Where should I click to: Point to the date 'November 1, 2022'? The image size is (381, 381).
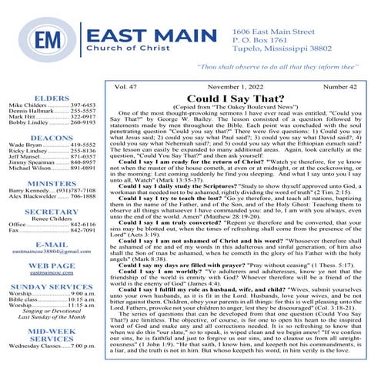click(237, 88)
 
